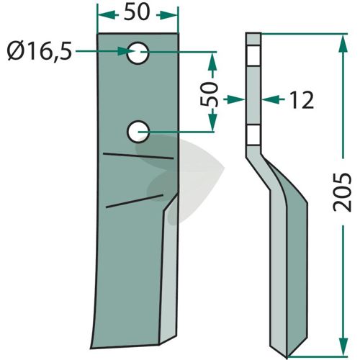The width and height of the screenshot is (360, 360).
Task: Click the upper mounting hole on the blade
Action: point(138,53)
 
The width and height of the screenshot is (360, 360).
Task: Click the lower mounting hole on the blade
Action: point(138,132)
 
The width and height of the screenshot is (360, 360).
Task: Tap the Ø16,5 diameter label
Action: point(40,52)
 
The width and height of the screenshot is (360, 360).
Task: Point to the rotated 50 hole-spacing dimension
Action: point(210,94)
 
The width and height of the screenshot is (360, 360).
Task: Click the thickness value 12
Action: point(302,100)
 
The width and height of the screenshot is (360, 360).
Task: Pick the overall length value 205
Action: point(342,192)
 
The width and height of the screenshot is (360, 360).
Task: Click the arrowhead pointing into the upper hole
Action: point(126,51)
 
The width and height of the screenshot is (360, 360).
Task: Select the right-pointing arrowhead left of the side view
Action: point(236,99)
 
